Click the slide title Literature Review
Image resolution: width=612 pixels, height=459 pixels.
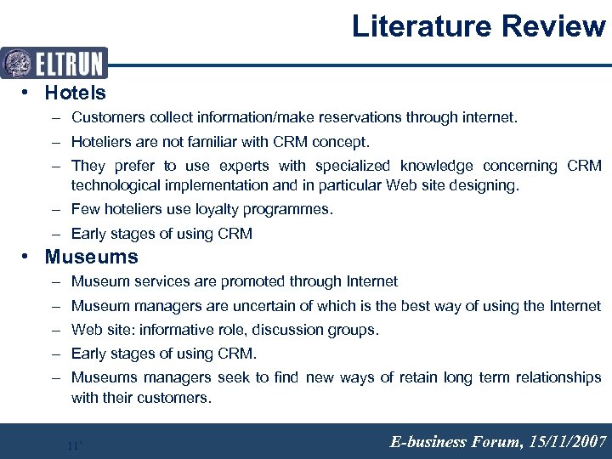point(479,26)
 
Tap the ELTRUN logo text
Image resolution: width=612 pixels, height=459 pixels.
point(69,63)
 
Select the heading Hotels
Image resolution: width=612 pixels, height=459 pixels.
point(75,93)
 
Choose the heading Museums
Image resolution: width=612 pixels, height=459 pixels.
point(91,257)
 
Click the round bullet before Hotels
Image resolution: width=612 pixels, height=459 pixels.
point(28,93)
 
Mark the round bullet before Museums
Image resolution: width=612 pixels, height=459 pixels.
point(28,257)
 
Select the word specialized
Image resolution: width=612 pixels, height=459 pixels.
point(353,166)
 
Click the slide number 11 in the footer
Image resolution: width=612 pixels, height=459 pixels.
point(73,445)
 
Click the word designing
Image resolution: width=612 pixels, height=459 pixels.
point(484,185)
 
